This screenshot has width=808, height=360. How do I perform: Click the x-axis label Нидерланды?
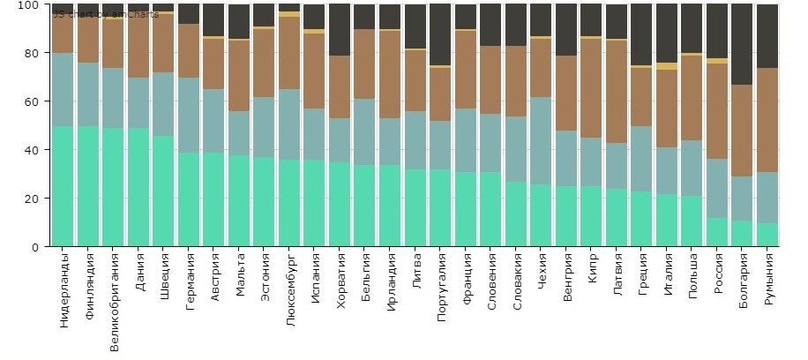pos(64,290)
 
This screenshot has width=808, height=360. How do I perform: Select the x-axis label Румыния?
pos(768,279)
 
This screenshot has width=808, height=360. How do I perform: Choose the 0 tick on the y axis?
pos(36,247)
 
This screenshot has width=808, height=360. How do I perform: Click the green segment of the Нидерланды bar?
pos(63,186)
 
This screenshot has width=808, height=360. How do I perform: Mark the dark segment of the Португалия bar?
pos(441,34)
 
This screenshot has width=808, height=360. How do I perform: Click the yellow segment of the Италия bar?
pos(667,66)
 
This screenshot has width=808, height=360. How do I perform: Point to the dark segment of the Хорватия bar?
pos(340,30)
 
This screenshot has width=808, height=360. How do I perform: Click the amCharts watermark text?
pos(106,14)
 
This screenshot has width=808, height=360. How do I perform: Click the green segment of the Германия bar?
pos(189,199)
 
